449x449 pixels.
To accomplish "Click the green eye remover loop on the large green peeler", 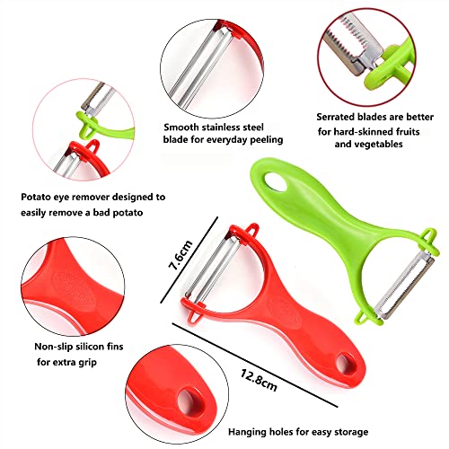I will tap(362, 316).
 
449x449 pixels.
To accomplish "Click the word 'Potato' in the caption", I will tap(40, 195).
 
